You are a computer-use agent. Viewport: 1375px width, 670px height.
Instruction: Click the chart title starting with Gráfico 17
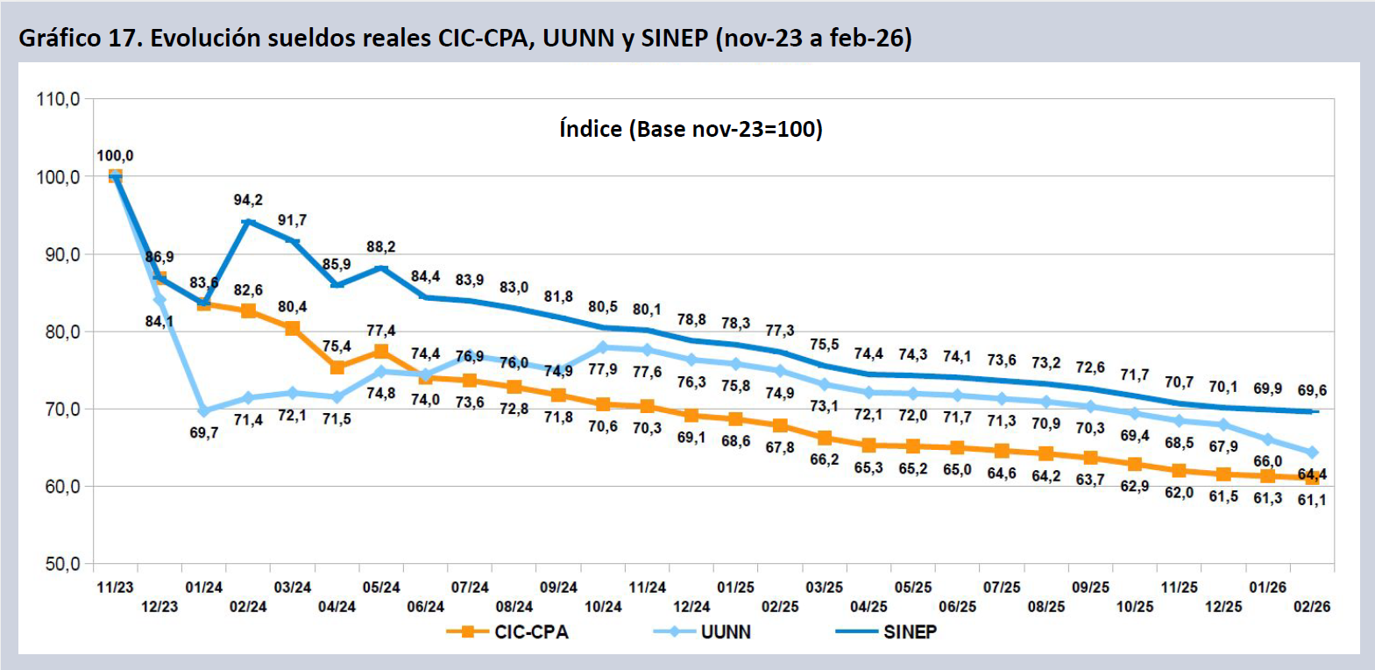pos(464,38)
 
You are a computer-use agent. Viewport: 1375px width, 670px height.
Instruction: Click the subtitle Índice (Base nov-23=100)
pos(691,129)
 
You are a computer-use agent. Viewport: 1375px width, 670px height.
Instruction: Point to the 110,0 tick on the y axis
pos(58,99)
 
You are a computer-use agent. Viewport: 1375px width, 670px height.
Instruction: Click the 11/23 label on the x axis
pos(115,588)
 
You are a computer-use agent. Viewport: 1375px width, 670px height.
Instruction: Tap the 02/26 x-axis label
pos(1312,606)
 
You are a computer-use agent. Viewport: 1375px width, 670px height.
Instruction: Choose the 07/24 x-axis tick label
pos(470,588)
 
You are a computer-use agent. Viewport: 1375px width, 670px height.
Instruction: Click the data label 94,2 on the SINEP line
pos(248,201)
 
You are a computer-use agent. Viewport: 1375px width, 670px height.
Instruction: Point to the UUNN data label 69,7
pos(204,433)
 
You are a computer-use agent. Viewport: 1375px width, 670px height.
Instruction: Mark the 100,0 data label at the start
pos(115,156)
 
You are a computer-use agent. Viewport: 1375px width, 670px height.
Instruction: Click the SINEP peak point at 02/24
pos(248,222)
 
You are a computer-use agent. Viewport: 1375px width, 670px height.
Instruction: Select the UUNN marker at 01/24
pos(204,410)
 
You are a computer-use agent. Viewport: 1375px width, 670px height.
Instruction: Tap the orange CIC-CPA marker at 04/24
pos(337,367)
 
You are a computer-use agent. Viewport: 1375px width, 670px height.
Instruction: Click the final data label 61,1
pos(1312,500)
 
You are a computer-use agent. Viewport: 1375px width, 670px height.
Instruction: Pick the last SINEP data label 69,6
pos(1312,390)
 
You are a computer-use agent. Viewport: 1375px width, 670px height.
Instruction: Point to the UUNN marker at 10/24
pos(603,347)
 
